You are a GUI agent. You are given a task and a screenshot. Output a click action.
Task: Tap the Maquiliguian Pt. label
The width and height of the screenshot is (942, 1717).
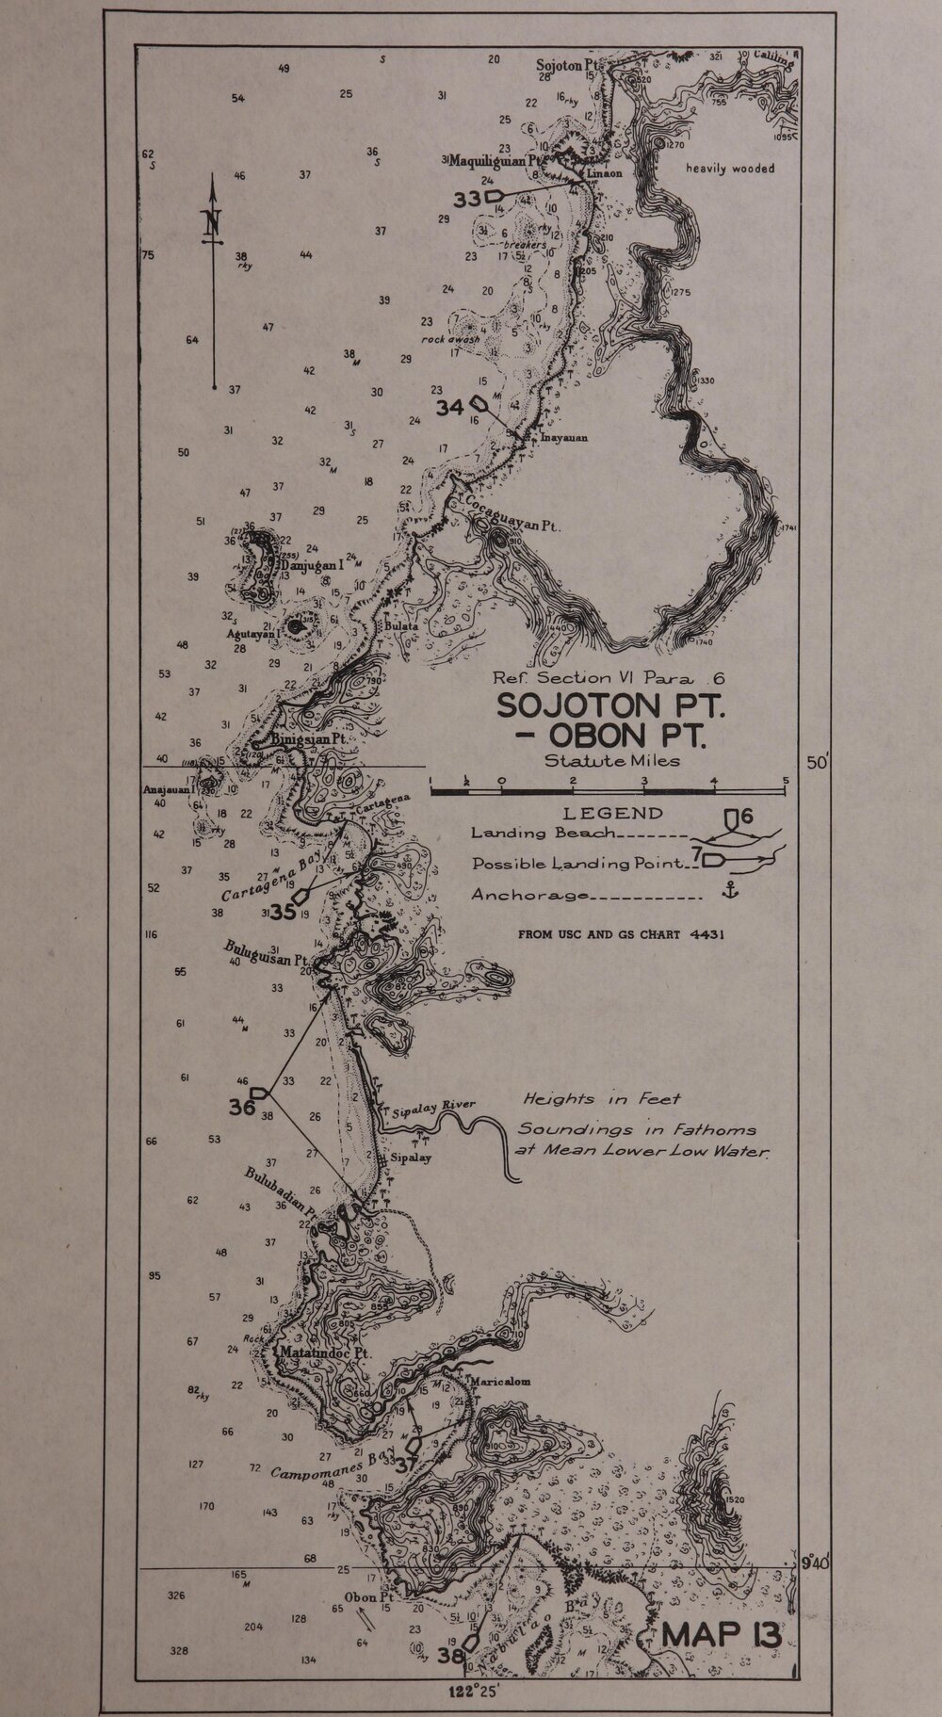tap(492, 161)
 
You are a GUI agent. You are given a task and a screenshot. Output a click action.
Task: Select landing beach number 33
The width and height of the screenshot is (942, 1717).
tap(467, 199)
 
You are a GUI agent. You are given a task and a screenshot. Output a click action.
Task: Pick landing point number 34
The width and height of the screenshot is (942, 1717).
tap(450, 407)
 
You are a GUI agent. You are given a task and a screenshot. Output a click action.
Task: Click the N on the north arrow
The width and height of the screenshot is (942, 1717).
tap(213, 223)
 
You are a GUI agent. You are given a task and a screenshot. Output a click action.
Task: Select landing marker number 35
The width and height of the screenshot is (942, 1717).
tap(283, 911)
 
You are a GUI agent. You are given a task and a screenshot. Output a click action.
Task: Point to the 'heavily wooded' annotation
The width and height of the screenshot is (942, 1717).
tap(730, 169)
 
